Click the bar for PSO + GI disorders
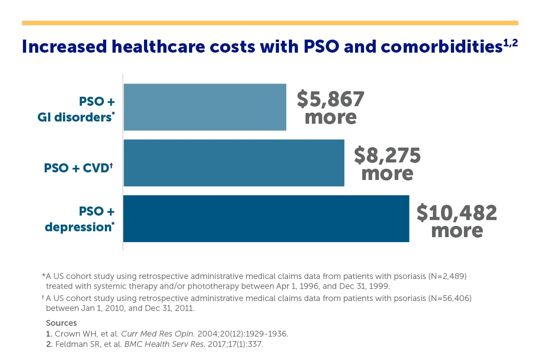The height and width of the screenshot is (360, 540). [x=205, y=107]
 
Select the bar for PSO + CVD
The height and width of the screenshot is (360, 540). [x=234, y=163]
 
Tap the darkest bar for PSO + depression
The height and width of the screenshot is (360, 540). [x=266, y=219]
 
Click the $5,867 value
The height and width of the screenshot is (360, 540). [x=330, y=99]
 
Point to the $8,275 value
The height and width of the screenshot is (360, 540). [x=387, y=155]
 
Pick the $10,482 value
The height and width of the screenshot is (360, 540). [x=457, y=213]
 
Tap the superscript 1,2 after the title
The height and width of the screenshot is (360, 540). [x=510, y=42]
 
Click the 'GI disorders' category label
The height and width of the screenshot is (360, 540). [x=74, y=117]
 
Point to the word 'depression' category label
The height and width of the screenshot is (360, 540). [x=78, y=227]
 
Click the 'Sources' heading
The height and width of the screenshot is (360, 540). [x=61, y=323]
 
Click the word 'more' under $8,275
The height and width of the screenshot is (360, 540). [x=387, y=174]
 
